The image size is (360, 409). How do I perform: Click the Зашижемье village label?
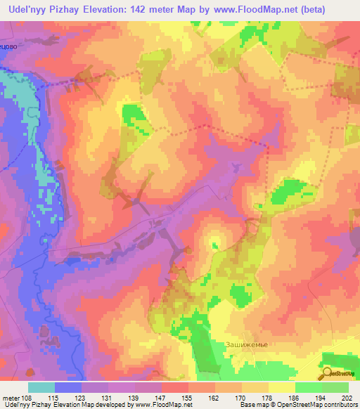245,344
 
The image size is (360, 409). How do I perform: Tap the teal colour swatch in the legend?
41,387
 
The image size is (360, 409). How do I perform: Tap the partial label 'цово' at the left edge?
9,42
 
